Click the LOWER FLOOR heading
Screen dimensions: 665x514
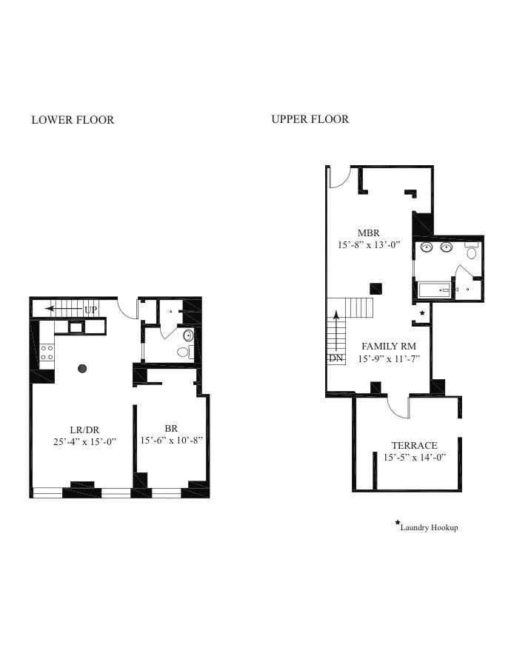coord(73,119)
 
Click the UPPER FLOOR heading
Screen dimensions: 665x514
coord(310,118)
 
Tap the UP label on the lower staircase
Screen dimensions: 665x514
coord(90,309)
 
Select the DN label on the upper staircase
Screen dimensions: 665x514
coord(336,358)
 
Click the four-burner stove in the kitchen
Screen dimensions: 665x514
coord(47,352)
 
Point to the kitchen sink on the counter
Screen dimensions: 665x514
coord(76,326)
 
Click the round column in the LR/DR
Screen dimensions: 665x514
coord(82,368)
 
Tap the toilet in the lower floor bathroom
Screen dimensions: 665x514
coord(185,352)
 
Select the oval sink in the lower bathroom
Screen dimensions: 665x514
coord(188,335)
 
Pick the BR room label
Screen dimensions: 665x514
coord(171,428)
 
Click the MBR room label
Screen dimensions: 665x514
coord(368,233)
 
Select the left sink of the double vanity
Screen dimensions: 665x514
coord(427,247)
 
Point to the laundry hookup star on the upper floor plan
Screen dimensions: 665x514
coord(422,313)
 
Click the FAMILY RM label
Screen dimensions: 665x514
coord(388,347)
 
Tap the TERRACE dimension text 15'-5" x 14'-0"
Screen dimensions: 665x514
coord(414,458)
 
